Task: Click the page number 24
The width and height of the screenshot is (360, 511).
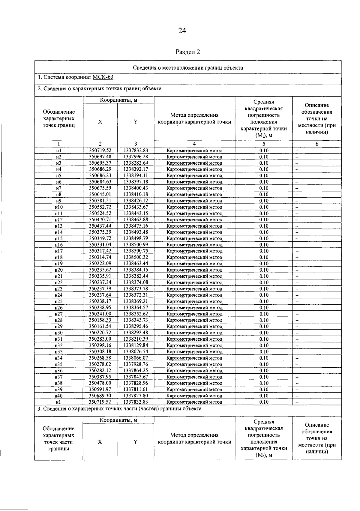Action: click(182, 31)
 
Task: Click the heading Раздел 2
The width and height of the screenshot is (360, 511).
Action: click(187, 52)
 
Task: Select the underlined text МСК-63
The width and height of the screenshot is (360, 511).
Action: click(103, 77)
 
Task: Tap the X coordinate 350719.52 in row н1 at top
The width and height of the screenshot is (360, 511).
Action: click(100, 151)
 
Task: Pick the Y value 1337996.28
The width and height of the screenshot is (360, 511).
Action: click(136, 157)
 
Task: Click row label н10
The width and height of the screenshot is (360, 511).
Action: click(59, 207)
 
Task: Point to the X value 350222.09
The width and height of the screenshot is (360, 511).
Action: click(100, 264)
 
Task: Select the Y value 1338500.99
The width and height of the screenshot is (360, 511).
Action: click(136, 245)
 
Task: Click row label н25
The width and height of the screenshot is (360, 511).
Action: click(59, 301)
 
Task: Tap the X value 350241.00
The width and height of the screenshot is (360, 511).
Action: click(100, 314)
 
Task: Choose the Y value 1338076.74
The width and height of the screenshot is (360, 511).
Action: click(136, 351)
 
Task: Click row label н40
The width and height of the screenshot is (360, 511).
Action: click(59, 396)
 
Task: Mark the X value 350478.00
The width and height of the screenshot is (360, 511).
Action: click(100, 383)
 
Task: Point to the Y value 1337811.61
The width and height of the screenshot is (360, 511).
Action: click(136, 389)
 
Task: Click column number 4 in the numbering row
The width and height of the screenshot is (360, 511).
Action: click(194, 144)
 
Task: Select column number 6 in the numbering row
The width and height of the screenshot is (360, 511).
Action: click(317, 144)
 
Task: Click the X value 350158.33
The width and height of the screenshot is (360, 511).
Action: click(100, 320)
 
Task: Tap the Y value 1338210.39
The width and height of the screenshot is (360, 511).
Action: click(136, 339)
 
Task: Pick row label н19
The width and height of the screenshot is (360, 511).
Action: click(59, 264)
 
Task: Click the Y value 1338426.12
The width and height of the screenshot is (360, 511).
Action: click(136, 201)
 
